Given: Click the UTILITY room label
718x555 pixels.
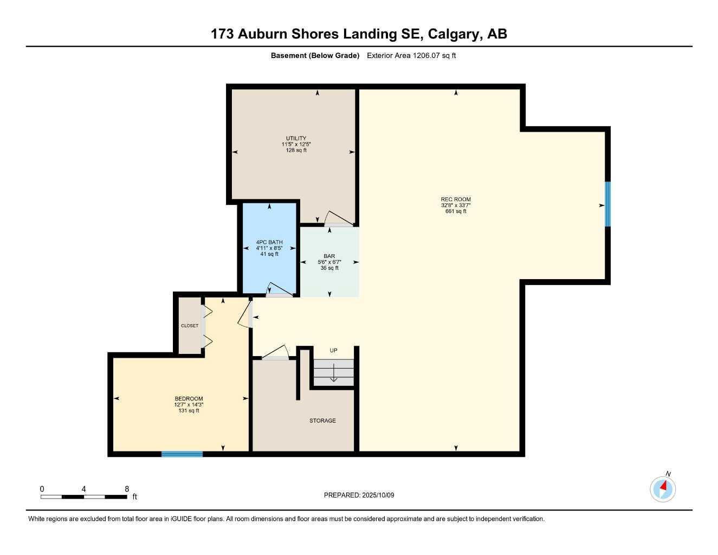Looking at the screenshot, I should tap(296, 138).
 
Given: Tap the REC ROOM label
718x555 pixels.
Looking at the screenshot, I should tap(456, 199).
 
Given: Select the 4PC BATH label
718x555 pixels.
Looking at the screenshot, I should tap(269, 242).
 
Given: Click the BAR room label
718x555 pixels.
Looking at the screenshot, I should tap(329, 256).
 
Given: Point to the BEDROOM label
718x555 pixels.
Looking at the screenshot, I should tap(189, 399).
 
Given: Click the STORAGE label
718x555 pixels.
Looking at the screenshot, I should tap(322, 421).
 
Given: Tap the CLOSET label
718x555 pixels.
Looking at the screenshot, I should tap(190, 326).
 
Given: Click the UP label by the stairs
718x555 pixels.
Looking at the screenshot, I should tap(334, 351).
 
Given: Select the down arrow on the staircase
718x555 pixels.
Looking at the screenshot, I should tap(334, 373).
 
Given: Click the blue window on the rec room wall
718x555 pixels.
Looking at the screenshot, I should tap(607, 204).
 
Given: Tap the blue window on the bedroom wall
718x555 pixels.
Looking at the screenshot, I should tap(182, 454).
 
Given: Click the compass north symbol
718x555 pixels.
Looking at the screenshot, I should tap(663, 489).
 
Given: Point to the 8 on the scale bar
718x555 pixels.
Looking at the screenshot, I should tap(127, 489).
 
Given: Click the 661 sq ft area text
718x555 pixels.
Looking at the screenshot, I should tap(456, 211).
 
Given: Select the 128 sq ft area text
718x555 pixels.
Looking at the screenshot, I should tap(296, 150).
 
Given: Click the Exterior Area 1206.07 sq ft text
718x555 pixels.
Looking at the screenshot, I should tap(411, 55).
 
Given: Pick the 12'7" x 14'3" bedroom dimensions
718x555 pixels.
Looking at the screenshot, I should tap(189, 405).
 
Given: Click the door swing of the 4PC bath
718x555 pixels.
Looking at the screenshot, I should tap(279, 289).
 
